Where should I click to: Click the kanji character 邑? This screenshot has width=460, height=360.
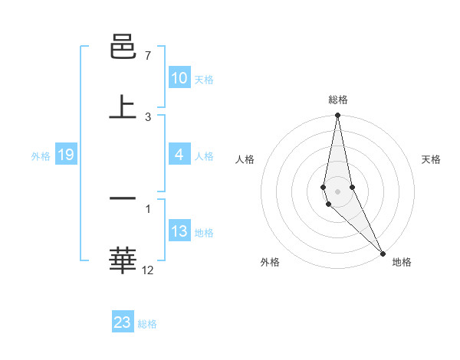click(123, 47)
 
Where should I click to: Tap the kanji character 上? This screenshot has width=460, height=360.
click(123, 106)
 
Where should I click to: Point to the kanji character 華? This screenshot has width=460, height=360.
click(123, 259)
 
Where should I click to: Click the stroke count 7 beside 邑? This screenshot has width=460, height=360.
click(148, 57)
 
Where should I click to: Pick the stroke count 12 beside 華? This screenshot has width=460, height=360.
click(148, 270)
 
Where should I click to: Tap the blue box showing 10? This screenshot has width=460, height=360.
click(179, 78)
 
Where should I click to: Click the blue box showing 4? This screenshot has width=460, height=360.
click(179, 155)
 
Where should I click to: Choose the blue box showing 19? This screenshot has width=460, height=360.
click(65, 155)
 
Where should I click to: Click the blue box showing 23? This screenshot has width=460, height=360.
click(123, 322)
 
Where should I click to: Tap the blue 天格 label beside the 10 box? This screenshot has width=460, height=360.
click(204, 79)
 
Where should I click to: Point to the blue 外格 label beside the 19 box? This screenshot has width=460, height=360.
click(41, 156)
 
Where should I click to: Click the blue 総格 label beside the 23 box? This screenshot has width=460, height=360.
click(147, 324)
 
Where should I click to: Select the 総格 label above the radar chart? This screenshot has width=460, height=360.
click(338, 100)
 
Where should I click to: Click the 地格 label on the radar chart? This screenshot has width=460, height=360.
click(402, 262)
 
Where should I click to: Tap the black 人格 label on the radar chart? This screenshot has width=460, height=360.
click(245, 159)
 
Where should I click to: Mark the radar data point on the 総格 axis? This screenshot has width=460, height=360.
click(337, 116)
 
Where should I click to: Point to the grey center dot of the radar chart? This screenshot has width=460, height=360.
click(337, 191)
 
